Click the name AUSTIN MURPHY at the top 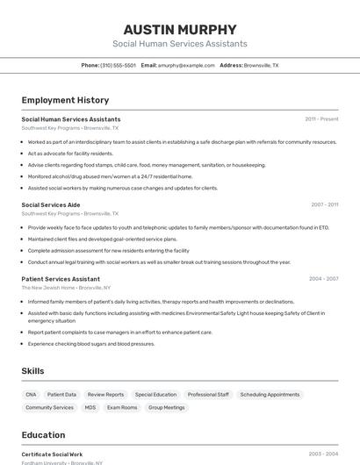[x=179, y=29]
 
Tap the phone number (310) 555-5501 [x=118, y=65]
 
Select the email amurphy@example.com [x=186, y=65]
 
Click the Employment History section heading [x=65, y=100]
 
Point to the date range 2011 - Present [x=321, y=118]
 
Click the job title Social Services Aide [x=51, y=204]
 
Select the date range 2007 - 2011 [x=324, y=204]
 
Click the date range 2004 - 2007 [x=323, y=279]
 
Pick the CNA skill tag [x=32, y=395]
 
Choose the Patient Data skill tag [x=61, y=395]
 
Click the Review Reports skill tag [x=105, y=395]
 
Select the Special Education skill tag [x=155, y=395]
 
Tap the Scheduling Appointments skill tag [x=270, y=395]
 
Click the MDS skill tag [x=90, y=408]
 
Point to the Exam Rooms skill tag [x=122, y=408]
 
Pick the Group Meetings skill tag [x=167, y=408]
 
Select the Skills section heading [x=32, y=371]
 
